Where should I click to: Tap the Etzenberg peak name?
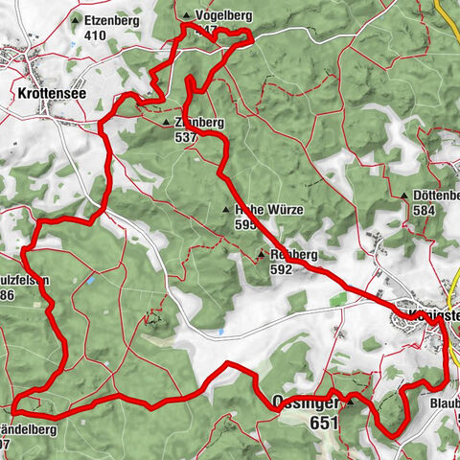(111, 20)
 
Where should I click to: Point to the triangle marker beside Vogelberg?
(187, 16)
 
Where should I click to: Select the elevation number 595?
(246, 224)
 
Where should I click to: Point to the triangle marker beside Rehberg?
(261, 255)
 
